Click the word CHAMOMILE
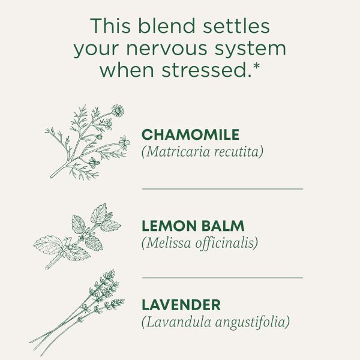190,135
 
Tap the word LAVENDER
181,305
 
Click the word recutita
239,152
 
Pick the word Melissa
166,243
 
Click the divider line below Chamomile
222,188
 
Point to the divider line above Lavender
222,278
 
